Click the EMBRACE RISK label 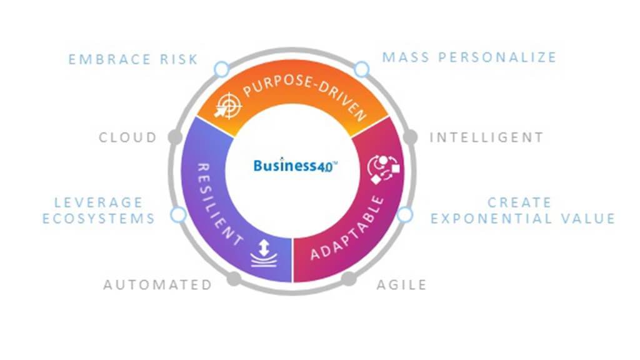tap(133, 59)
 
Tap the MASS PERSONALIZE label tap(469, 57)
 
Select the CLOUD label tap(128, 137)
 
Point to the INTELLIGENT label tap(486, 137)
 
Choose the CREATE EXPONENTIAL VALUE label tap(522, 211)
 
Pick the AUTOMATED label tap(157, 285)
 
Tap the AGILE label tap(401, 285)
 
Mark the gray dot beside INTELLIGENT tap(410, 137)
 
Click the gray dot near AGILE tap(348, 279)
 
